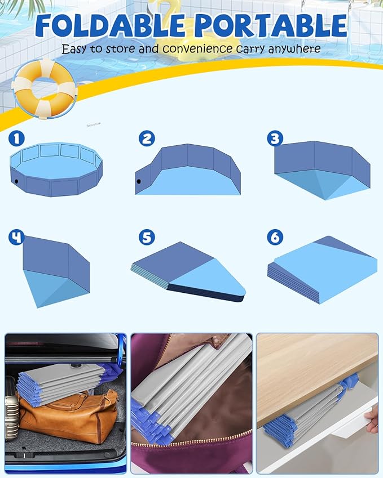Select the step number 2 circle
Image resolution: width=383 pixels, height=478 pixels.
(x=147, y=139)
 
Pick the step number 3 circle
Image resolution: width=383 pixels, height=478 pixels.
(x=275, y=139)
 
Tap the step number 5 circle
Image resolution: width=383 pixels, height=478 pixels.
(x=147, y=237)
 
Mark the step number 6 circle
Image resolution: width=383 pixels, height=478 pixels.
(x=275, y=236)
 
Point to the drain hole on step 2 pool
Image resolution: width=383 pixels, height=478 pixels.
(x=139, y=182)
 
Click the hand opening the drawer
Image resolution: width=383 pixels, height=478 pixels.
(x=372, y=420)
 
